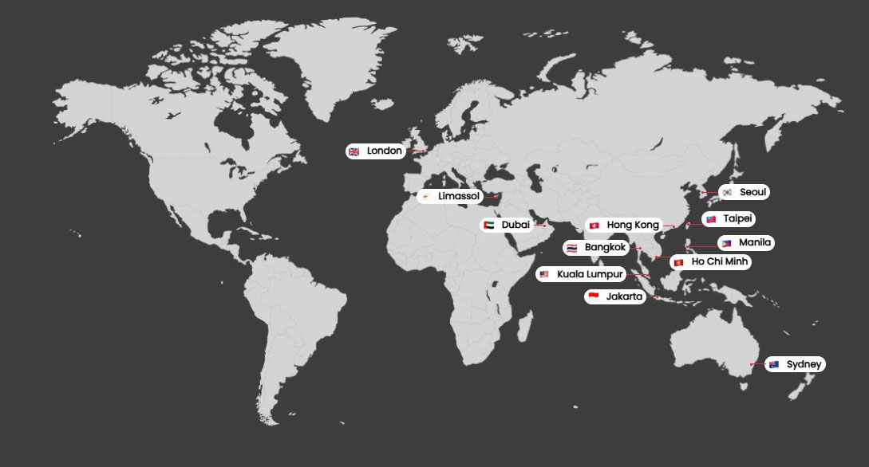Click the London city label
(385, 151)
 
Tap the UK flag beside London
(354, 151)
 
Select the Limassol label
(459, 196)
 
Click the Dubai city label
(515, 226)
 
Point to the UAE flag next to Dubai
(488, 226)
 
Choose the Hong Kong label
(633, 226)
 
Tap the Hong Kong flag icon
(594, 226)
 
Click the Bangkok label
(606, 248)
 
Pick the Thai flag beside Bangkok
(571, 248)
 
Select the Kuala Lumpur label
(590, 274)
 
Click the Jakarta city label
(624, 297)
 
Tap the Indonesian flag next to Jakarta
(593, 297)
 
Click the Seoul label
(753, 192)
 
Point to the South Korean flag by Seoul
(727, 192)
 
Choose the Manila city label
(755, 243)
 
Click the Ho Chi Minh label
(721, 261)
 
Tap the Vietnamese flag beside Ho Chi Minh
(678, 261)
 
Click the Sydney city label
(804, 364)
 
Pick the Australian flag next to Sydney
(773, 364)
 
